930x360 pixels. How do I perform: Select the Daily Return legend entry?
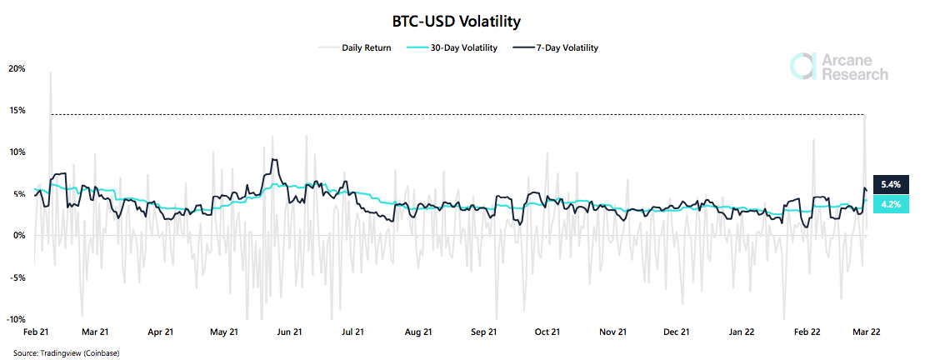(366, 47)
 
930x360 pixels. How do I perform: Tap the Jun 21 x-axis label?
(288, 332)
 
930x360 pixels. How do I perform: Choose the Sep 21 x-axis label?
(483, 332)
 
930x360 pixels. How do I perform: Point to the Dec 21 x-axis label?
(677, 332)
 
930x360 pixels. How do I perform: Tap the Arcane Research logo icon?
(802, 67)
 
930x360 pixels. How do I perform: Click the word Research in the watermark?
(855, 75)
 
